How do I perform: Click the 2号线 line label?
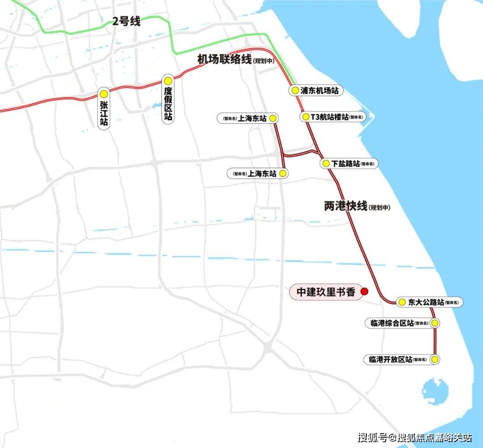tap(126, 21)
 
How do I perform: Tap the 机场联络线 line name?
tap(225, 59)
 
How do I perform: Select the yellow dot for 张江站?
tap(104, 94)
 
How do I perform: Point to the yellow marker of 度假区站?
tap(168, 81)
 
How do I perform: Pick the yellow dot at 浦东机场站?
tap(295, 90)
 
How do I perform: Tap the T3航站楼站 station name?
tap(330, 117)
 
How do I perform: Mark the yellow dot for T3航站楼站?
tap(306, 117)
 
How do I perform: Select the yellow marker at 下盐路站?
tap(326, 164)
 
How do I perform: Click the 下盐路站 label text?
tap(346, 164)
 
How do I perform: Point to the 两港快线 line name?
tap(345, 206)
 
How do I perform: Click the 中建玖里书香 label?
tap(326, 292)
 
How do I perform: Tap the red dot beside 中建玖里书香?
tap(364, 292)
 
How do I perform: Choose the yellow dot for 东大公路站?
tap(402, 302)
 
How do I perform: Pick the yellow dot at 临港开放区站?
tap(434, 359)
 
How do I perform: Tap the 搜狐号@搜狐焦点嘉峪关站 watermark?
tap(415, 437)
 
